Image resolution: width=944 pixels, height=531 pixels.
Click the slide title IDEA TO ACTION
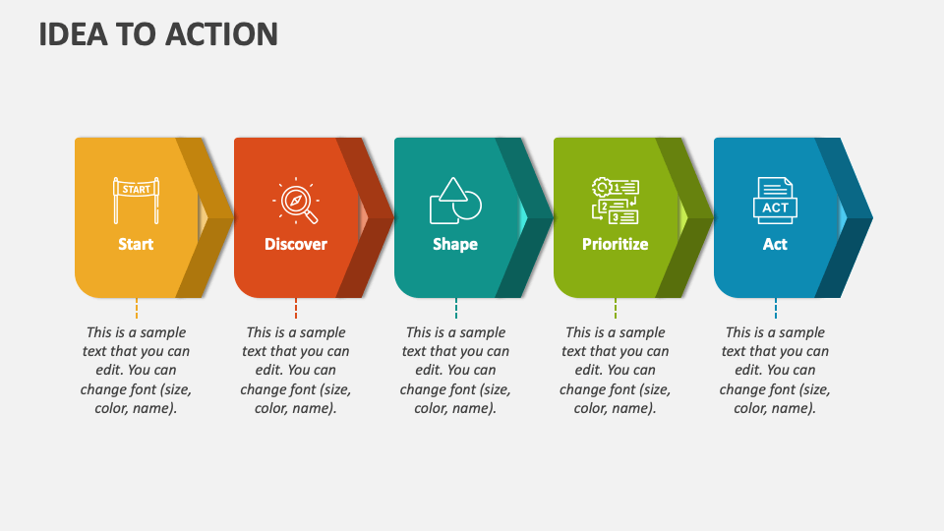[158, 34]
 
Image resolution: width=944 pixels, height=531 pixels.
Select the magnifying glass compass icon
[295, 201]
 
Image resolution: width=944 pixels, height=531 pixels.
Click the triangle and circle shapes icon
[455, 201]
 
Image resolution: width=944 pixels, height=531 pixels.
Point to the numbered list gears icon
[615, 201]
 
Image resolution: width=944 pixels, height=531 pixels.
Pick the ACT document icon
[775, 201]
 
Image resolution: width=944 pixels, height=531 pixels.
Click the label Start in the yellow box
[136, 244]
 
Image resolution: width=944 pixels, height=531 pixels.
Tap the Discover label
[295, 244]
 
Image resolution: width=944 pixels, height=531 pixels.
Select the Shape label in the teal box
[455, 244]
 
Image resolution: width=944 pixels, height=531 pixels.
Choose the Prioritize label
[615, 244]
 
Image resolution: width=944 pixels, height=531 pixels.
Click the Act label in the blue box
[775, 244]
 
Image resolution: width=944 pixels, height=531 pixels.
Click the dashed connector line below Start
[136, 309]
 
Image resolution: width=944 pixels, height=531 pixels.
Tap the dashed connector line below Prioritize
[616, 309]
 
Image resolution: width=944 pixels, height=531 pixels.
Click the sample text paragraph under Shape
[455, 370]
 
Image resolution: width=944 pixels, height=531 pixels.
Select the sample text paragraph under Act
[775, 370]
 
